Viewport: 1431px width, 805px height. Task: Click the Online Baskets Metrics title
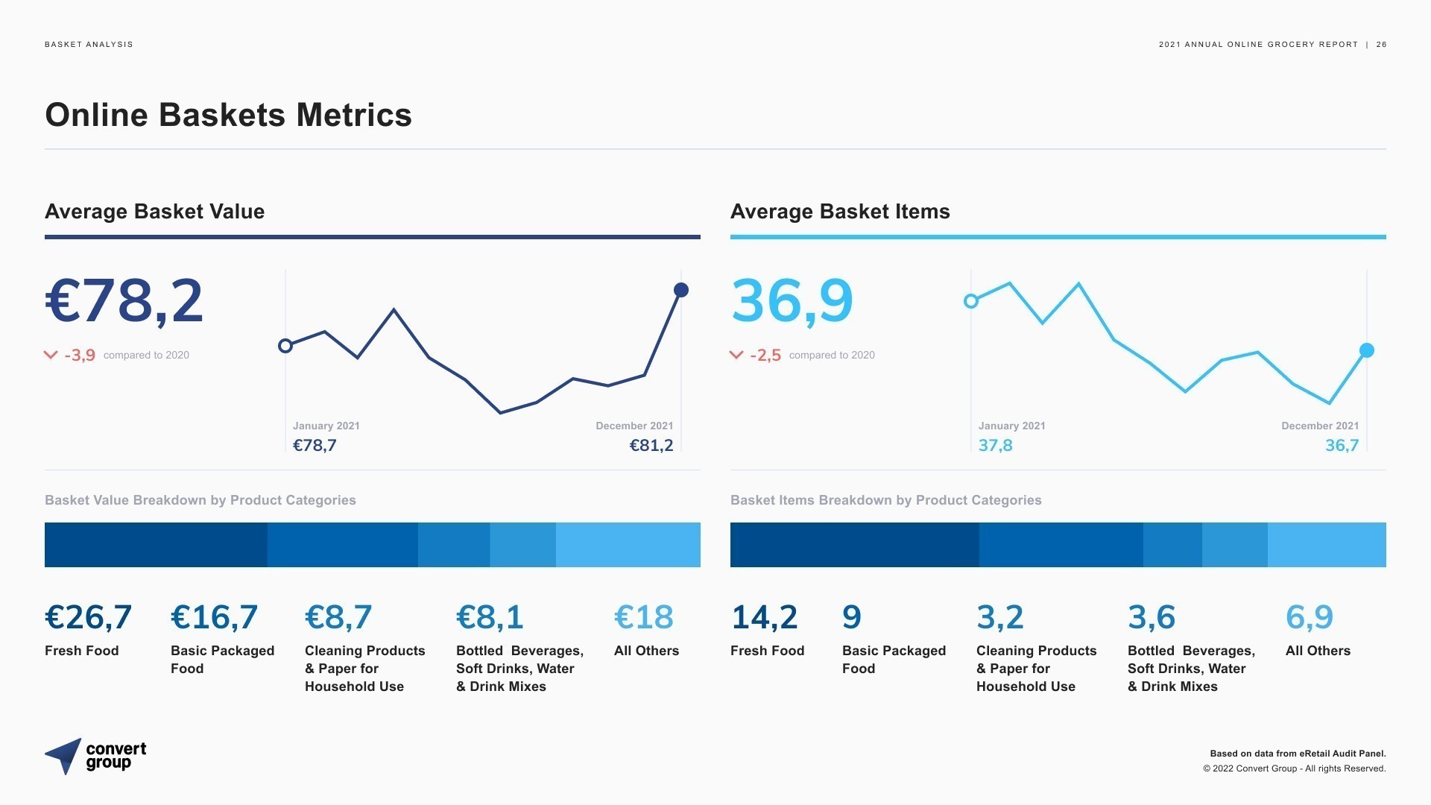pos(228,115)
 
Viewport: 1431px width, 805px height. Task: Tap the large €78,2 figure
pos(124,301)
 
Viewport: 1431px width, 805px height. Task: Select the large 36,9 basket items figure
pos(792,301)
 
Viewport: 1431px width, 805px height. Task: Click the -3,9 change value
pos(80,355)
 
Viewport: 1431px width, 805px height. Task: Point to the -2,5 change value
pos(765,355)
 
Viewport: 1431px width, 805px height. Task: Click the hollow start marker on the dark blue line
pos(285,346)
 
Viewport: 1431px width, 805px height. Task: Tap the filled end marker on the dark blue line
pos(681,290)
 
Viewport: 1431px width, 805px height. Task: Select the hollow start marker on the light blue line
pos(971,301)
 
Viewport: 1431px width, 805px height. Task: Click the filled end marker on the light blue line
pos(1367,350)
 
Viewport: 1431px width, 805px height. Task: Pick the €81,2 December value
pos(651,446)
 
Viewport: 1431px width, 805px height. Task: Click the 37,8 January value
pos(996,446)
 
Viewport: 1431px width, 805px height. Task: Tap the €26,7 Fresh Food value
pos(88,617)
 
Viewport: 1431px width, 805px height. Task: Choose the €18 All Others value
pos(644,617)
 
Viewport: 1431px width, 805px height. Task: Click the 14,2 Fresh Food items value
pos(764,617)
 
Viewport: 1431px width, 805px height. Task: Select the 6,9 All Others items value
pos(1310,617)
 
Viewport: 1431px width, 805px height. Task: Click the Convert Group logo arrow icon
pos(65,756)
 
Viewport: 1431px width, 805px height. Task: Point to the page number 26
pos(1382,45)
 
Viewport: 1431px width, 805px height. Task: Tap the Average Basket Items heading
pos(840,212)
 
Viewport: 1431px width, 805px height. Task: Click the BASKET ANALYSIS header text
pos(89,45)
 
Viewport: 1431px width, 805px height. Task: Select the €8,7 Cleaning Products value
pos(338,617)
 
